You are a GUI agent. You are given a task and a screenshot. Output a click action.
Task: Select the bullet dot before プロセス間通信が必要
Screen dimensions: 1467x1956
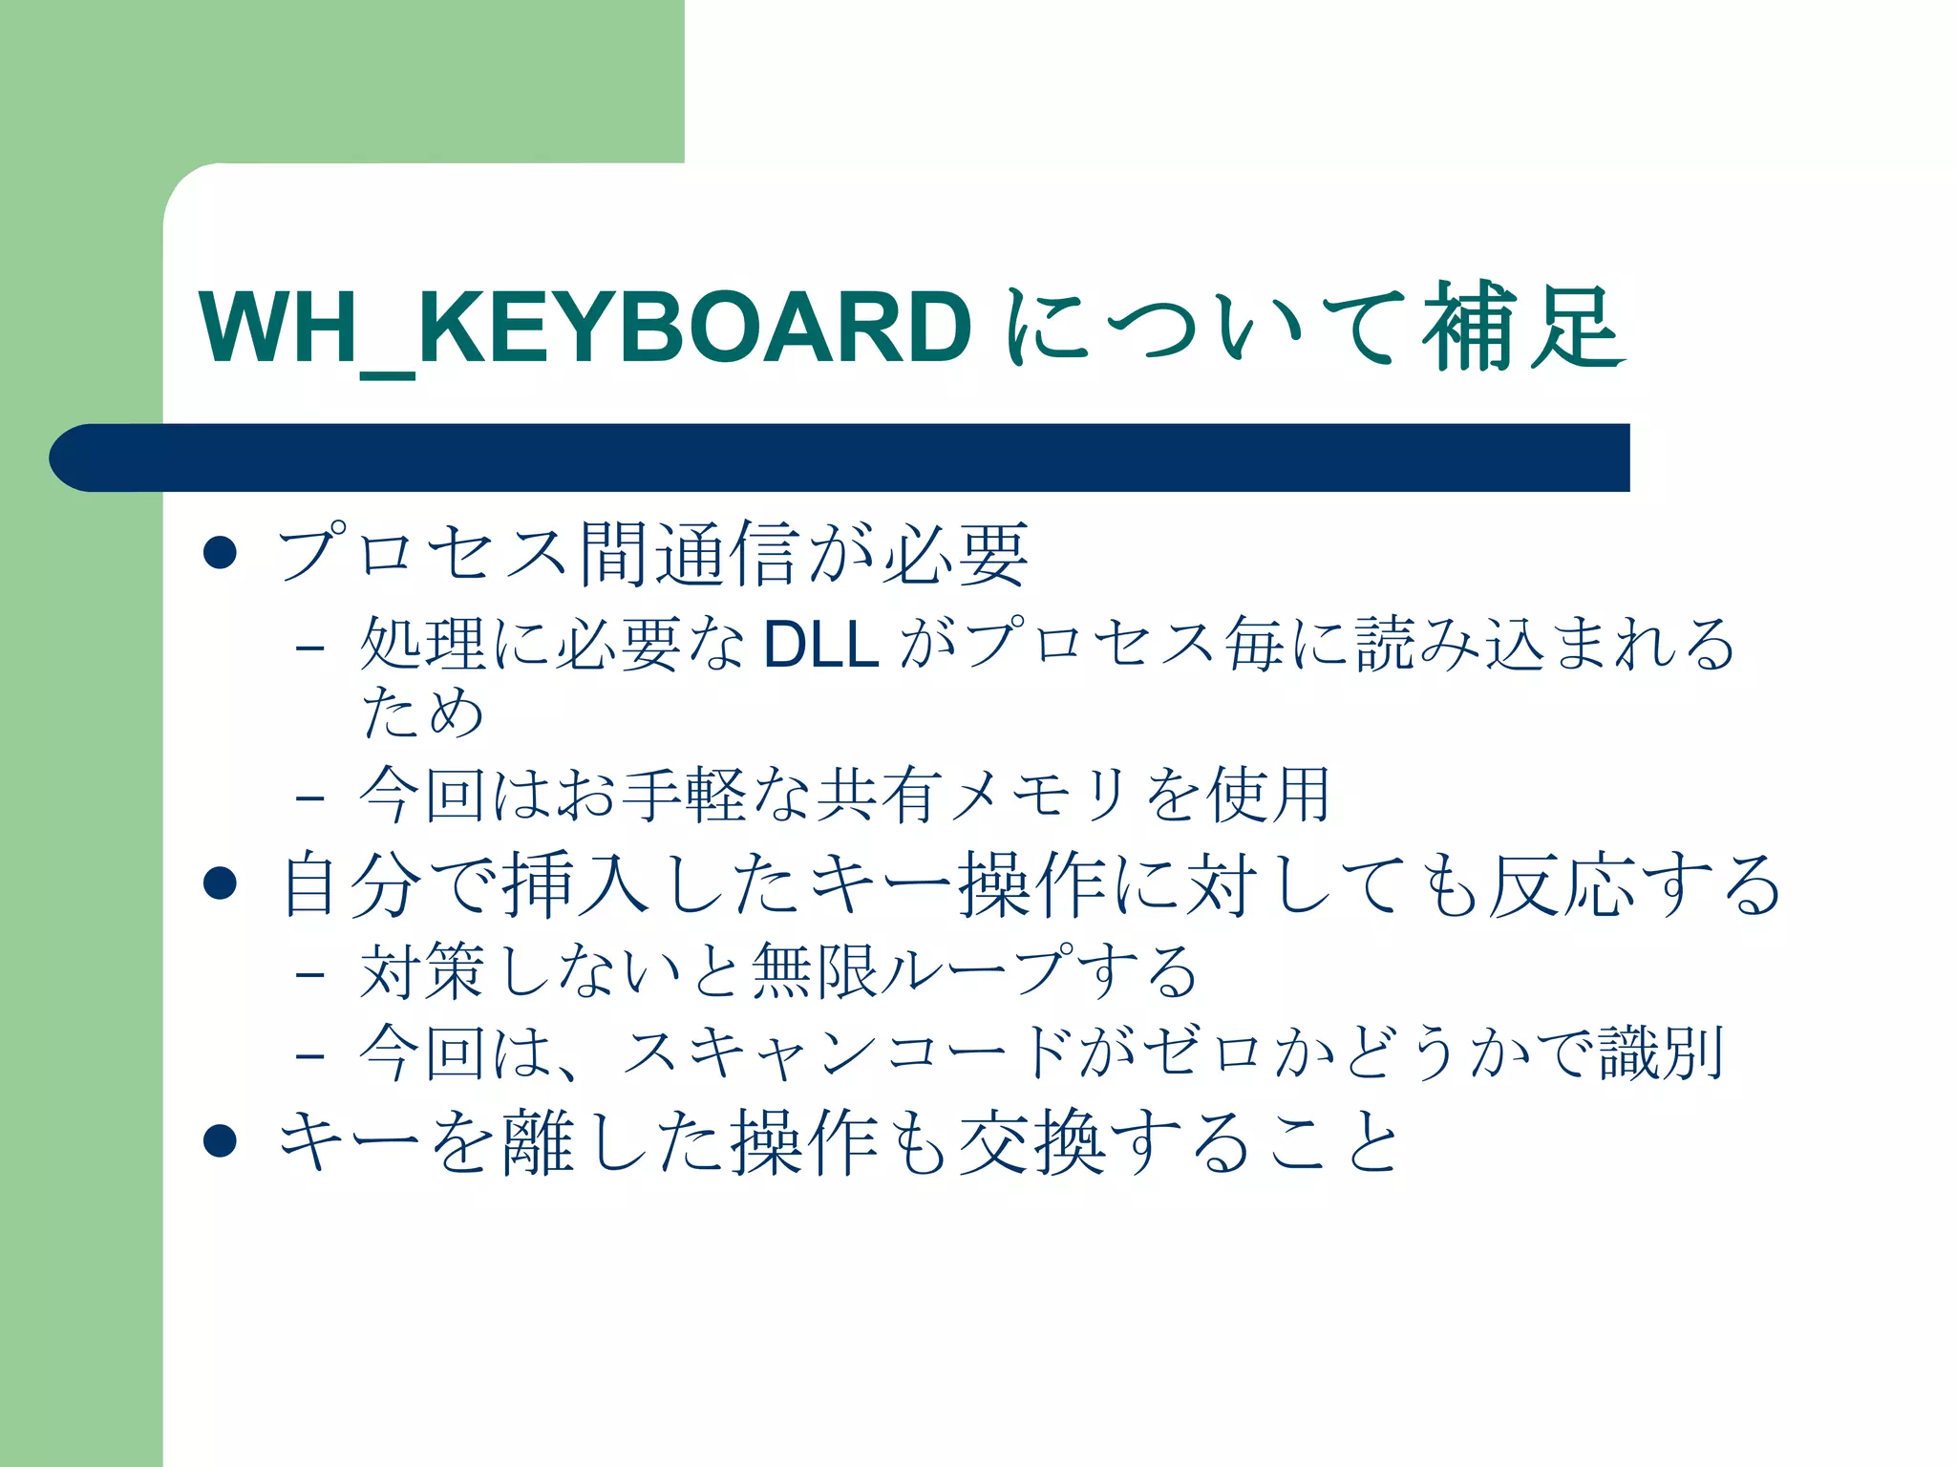click(x=221, y=553)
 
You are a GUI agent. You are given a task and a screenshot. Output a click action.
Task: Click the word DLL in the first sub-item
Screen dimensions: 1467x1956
click(x=820, y=644)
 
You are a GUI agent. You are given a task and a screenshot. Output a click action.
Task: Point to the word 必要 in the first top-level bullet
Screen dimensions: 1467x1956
click(x=955, y=554)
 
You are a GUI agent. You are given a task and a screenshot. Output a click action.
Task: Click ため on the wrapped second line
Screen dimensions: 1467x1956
click(x=422, y=712)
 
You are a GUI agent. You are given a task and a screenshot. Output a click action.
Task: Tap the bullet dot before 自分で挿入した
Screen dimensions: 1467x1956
click(x=221, y=883)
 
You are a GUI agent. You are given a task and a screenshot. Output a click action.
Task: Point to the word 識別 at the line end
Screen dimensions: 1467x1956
click(x=1662, y=1053)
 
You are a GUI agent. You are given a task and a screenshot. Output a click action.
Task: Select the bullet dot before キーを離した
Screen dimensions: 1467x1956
click(x=221, y=1140)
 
